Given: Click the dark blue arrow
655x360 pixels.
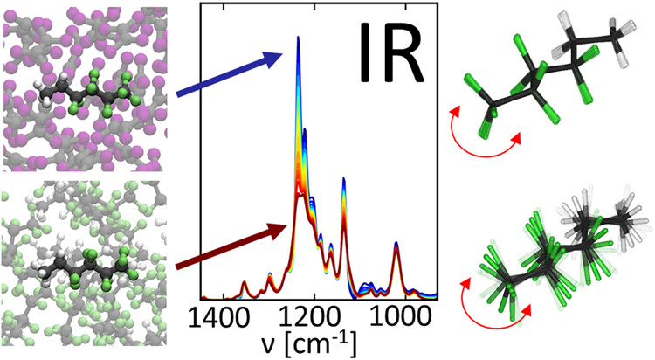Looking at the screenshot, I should click(x=230, y=73).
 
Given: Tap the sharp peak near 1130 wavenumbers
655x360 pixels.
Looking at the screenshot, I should click(x=344, y=180).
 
